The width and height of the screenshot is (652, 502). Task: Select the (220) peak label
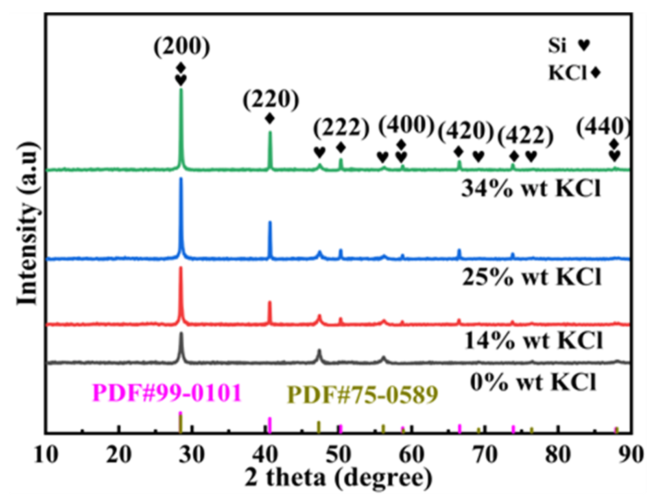271,101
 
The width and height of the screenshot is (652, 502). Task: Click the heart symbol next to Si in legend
583,45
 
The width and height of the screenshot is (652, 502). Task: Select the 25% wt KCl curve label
532,277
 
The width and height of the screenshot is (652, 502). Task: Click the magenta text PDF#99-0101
167,393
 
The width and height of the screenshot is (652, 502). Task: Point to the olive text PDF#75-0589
363,395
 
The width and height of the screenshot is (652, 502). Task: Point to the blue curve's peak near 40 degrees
270,222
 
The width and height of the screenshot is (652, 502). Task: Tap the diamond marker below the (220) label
270,119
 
